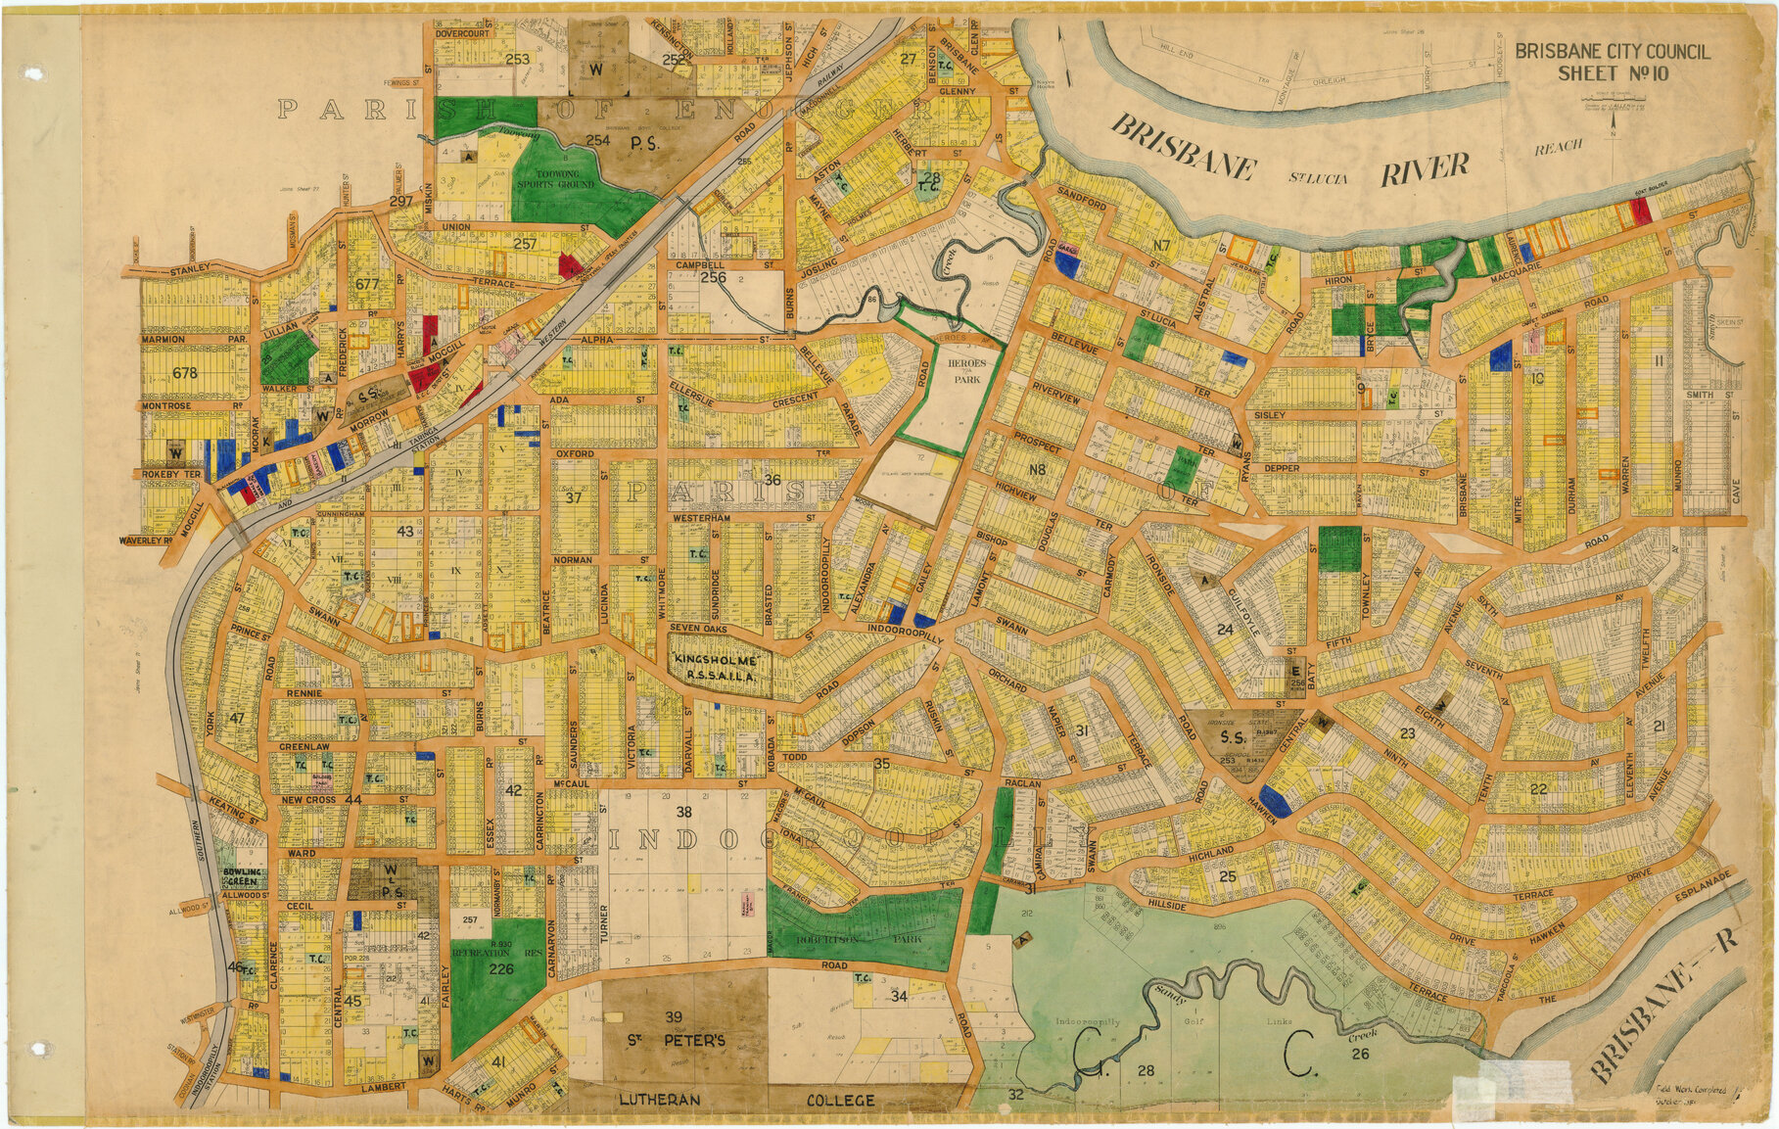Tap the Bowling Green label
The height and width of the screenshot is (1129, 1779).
tap(242, 876)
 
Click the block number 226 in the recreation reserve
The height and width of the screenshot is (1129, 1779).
tap(501, 969)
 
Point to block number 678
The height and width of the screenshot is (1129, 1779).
tap(184, 373)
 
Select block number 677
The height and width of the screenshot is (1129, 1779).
tap(367, 284)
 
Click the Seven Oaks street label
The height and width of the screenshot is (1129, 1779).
tap(699, 628)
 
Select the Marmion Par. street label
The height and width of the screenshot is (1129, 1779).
tap(191, 340)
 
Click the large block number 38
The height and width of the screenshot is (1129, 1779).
tap(683, 812)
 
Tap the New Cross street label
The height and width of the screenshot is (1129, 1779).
tap(308, 800)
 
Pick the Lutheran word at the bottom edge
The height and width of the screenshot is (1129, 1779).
tap(659, 1100)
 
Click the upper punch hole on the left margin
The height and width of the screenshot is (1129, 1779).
tap(36, 73)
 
